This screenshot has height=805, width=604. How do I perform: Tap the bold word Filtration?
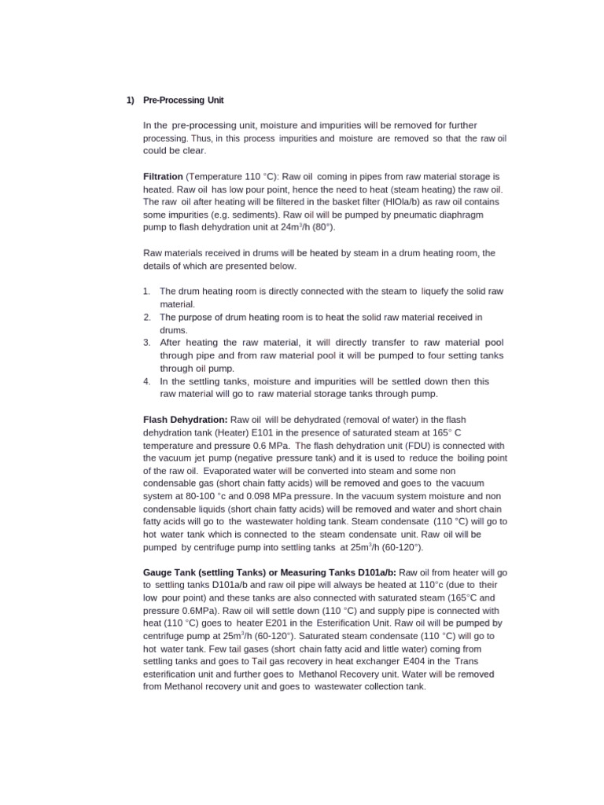click(x=163, y=178)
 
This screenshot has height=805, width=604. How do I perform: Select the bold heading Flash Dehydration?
click(x=186, y=420)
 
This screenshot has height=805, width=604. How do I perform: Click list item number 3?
click(x=147, y=343)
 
